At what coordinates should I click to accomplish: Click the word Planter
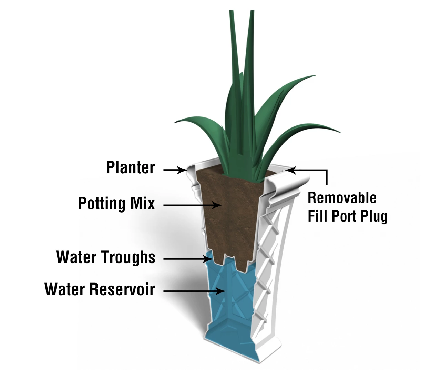click(131, 168)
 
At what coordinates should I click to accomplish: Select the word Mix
click(142, 203)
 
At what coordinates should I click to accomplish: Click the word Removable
click(342, 198)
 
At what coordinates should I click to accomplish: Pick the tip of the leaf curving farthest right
click(340, 132)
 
